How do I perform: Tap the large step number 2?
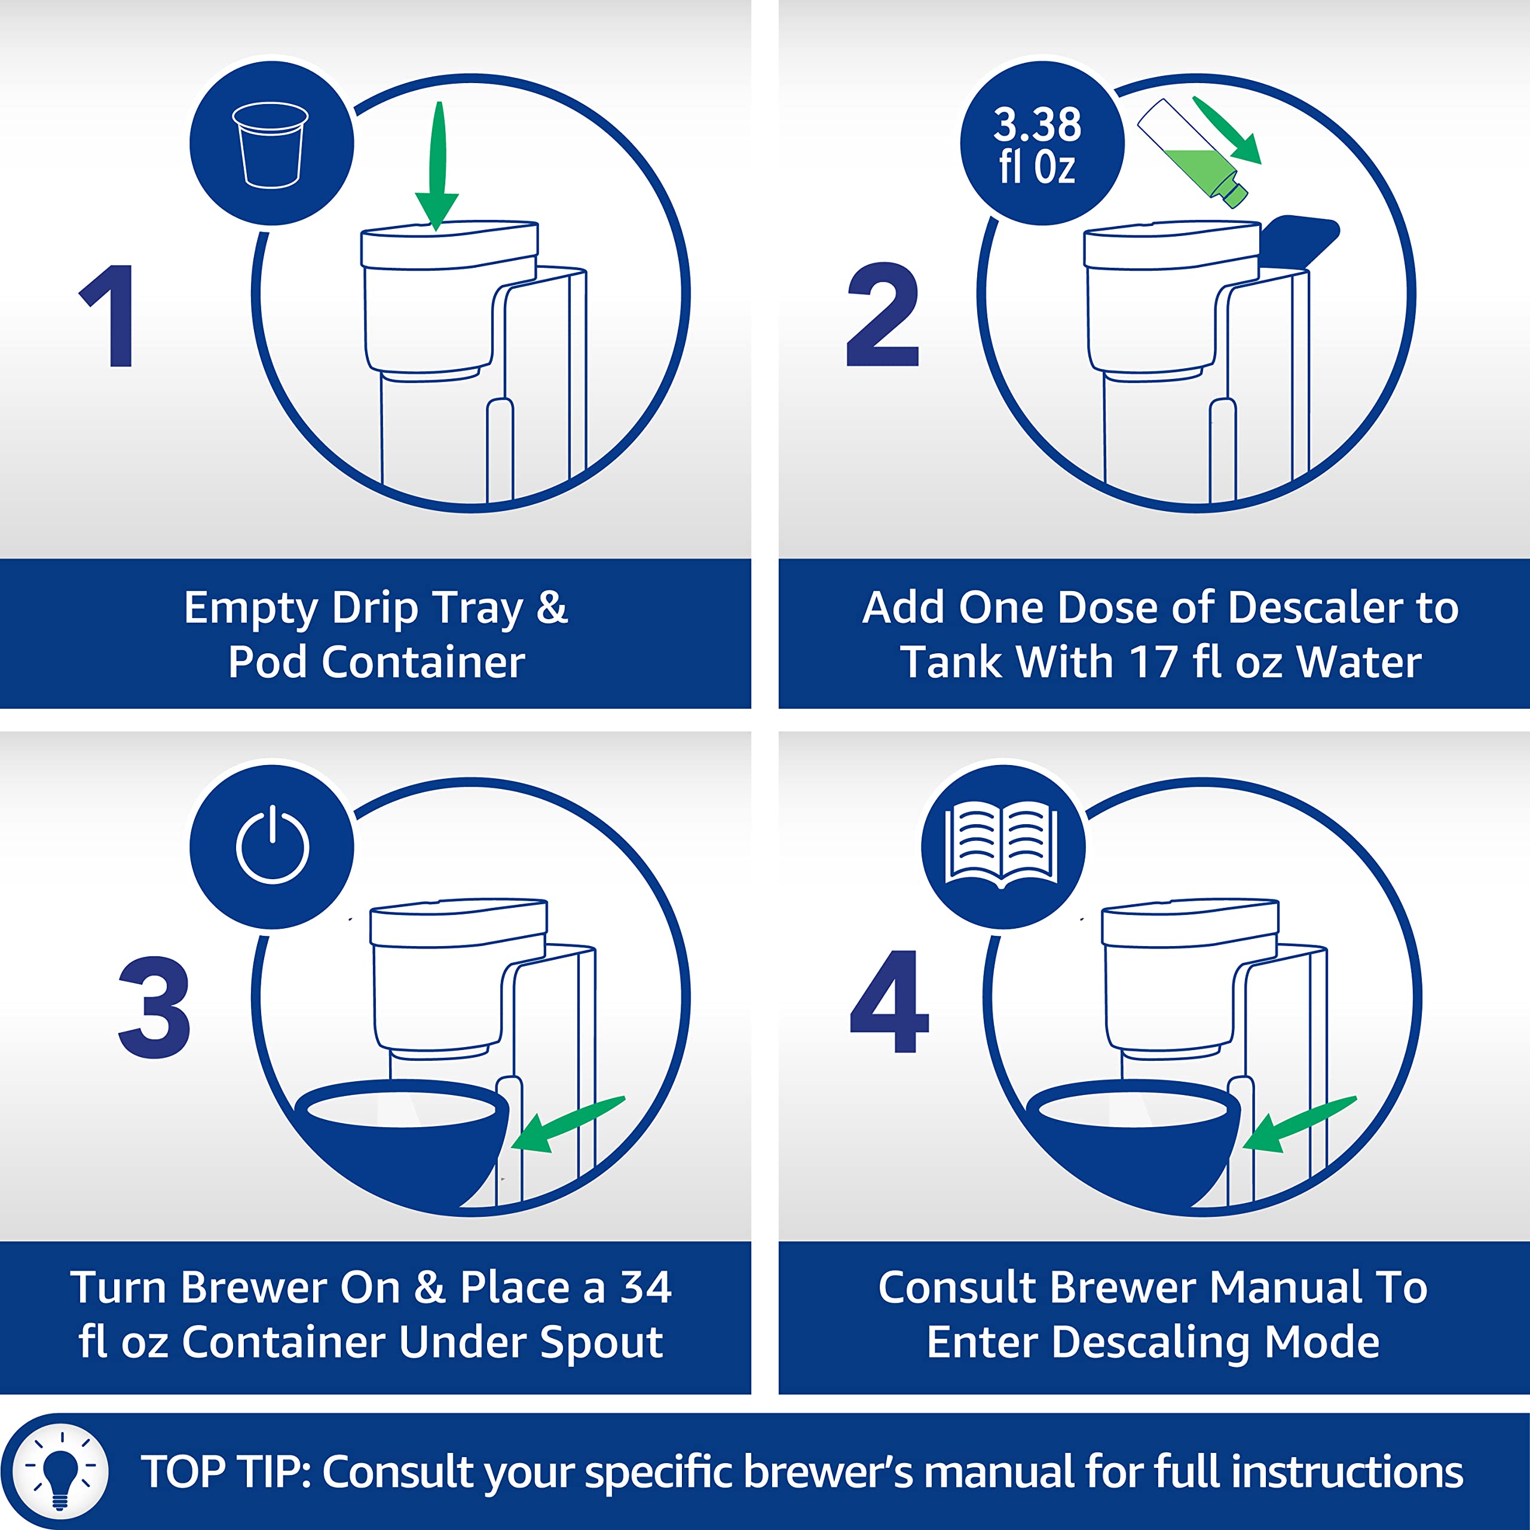click(882, 314)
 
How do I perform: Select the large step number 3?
click(154, 1006)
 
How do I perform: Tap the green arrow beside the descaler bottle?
click(1226, 130)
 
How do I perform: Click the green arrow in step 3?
click(568, 1125)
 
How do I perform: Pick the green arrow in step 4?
click(1299, 1125)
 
